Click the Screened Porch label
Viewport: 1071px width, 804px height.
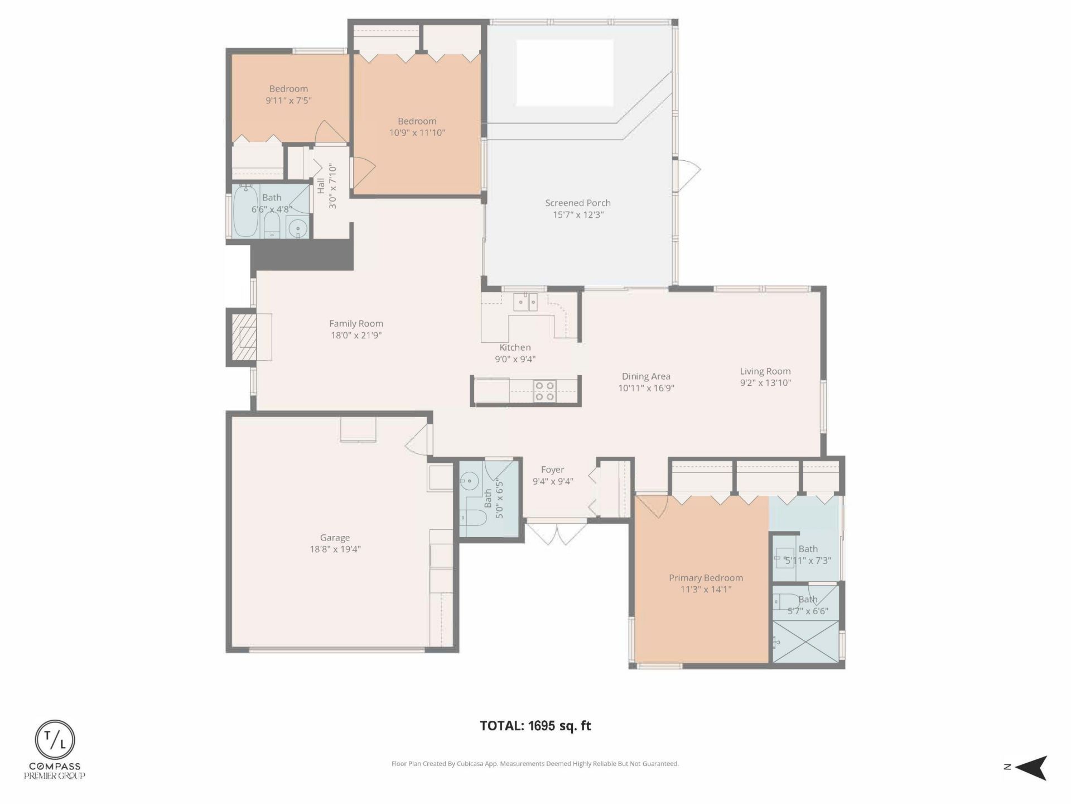[577, 203]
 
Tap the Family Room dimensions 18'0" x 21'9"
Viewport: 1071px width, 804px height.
[356, 336]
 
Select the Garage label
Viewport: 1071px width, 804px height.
[335, 538]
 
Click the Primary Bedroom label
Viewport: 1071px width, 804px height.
[706, 578]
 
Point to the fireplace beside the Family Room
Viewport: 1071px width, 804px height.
[243, 337]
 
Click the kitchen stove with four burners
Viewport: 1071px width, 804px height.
[544, 391]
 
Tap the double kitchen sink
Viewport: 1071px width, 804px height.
[525, 302]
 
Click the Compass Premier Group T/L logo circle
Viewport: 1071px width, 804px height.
[55, 740]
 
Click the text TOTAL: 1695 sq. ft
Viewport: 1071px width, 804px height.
[535, 726]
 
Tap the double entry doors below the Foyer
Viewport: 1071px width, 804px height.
[556, 533]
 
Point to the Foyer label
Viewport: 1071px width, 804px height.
[552, 470]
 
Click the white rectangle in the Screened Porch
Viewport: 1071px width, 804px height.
[565, 73]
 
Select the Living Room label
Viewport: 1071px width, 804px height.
[765, 371]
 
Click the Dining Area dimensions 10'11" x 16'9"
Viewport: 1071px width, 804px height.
[646, 388]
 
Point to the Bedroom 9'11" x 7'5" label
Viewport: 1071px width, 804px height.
[288, 89]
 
